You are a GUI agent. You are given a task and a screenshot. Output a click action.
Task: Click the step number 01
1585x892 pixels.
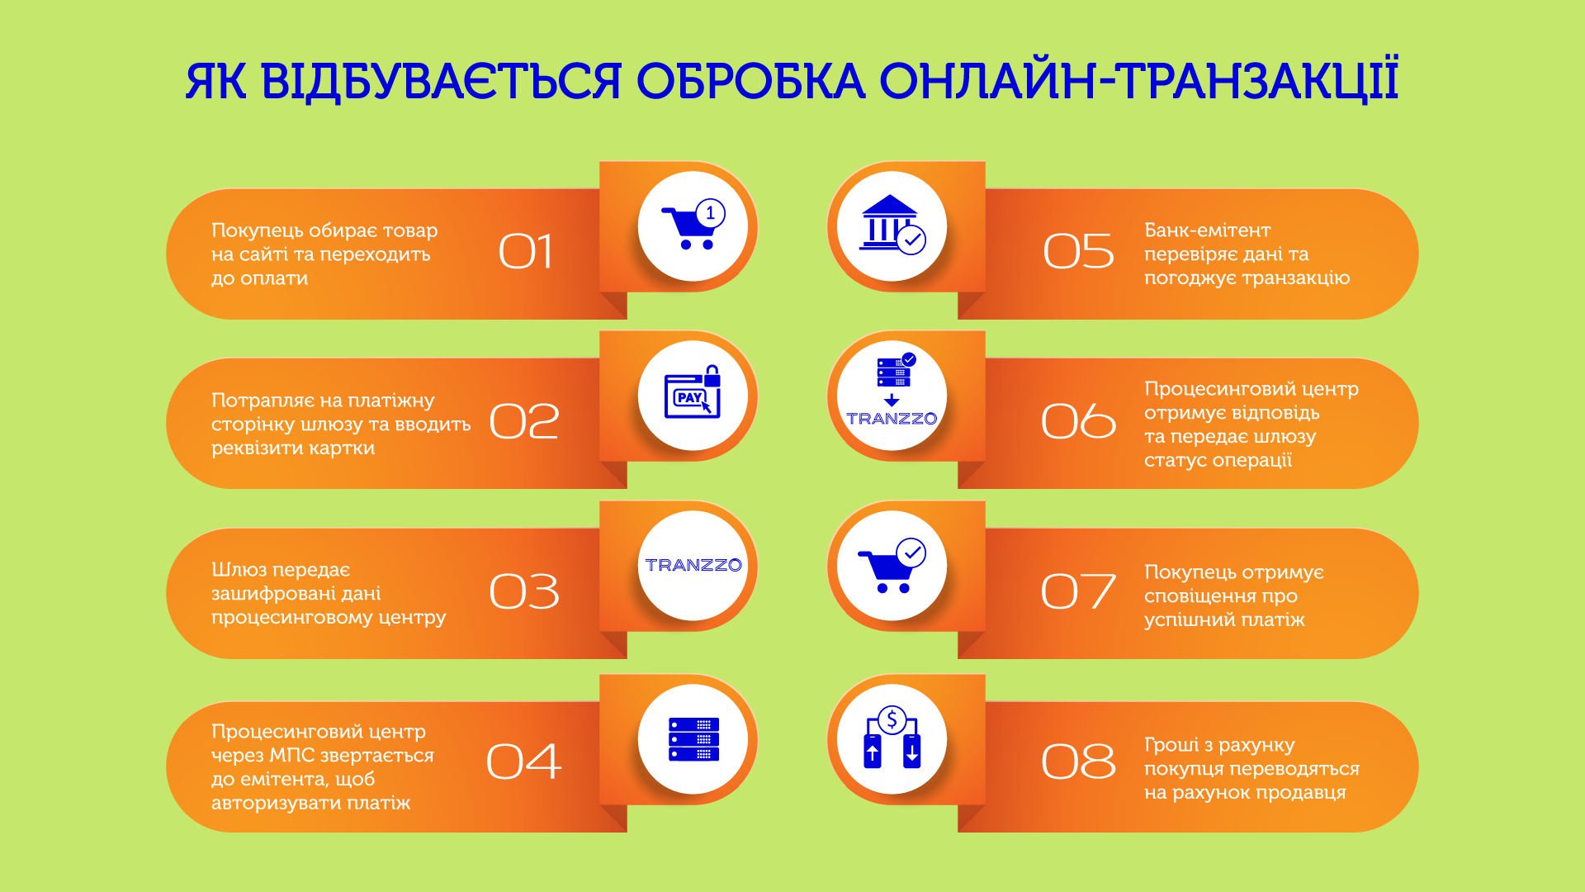tap(525, 251)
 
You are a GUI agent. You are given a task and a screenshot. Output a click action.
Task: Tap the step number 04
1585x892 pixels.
tap(523, 761)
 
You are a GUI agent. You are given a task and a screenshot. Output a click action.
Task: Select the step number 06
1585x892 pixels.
tap(1078, 421)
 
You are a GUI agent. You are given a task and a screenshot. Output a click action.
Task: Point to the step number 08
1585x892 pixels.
tap(1078, 761)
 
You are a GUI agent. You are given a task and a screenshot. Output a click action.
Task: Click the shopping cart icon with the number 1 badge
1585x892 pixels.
tap(692, 226)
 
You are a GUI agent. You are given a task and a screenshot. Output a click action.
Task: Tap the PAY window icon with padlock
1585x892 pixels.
tap(693, 394)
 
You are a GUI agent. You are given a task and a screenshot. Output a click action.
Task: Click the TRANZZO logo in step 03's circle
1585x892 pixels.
tap(693, 565)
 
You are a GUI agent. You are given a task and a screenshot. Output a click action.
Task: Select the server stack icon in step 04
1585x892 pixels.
tap(693, 739)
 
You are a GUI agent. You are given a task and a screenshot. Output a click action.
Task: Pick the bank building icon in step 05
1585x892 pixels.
tap(888, 221)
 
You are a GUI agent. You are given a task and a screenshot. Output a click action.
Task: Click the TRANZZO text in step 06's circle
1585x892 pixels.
tap(892, 419)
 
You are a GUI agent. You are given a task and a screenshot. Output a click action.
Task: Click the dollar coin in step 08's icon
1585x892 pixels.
tap(892, 720)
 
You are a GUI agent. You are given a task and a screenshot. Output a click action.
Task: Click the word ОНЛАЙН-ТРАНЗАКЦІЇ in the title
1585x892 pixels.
tap(1138, 81)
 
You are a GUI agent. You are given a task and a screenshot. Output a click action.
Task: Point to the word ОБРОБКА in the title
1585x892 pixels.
tap(750, 81)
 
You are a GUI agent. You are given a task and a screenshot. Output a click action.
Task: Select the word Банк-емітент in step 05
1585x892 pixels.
tap(1207, 230)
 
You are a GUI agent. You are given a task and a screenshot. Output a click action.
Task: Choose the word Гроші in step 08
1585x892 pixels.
tap(1171, 745)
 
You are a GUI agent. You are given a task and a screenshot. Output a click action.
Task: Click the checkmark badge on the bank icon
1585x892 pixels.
tap(911, 240)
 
